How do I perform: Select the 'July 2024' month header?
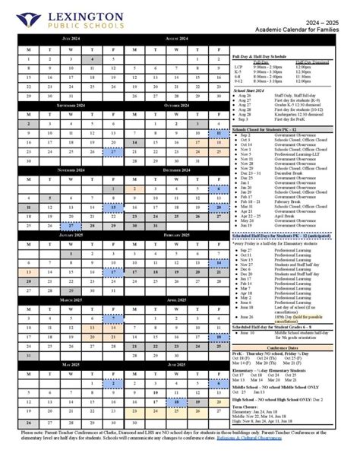(70, 37)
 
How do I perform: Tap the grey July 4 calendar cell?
(92, 59)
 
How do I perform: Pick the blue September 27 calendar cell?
(113, 151)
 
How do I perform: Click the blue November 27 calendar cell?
(71, 226)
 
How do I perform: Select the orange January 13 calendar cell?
(28, 271)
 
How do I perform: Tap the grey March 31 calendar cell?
(28, 354)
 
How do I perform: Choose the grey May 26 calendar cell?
(28, 422)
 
